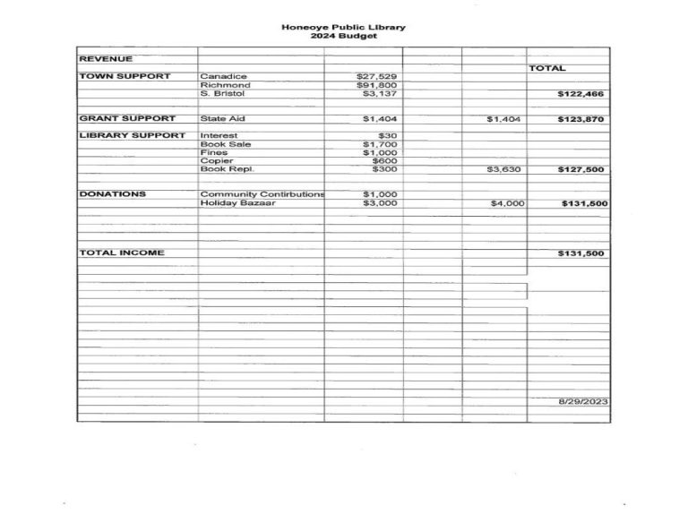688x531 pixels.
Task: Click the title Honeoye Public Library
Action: coord(343,27)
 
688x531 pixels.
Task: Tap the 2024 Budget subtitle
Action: coord(343,36)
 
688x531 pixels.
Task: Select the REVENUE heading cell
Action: coord(106,59)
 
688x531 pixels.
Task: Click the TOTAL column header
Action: coord(547,68)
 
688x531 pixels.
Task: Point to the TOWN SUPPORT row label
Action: coord(125,76)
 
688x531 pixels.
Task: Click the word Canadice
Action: coord(223,76)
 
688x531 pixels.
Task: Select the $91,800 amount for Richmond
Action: coord(376,85)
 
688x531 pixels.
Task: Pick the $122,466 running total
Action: coord(581,93)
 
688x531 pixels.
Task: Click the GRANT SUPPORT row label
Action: coord(127,118)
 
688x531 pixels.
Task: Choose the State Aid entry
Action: coord(222,118)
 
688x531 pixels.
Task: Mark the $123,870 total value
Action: coord(581,118)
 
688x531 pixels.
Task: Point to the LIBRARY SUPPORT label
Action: coord(133,135)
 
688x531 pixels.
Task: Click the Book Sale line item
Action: coord(226,144)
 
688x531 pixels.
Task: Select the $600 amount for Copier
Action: coord(384,160)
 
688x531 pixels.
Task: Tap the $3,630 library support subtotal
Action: coord(503,169)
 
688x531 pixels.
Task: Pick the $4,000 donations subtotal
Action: coord(506,203)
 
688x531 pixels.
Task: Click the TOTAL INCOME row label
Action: coord(122,253)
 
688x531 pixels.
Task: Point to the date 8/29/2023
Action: coord(582,402)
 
